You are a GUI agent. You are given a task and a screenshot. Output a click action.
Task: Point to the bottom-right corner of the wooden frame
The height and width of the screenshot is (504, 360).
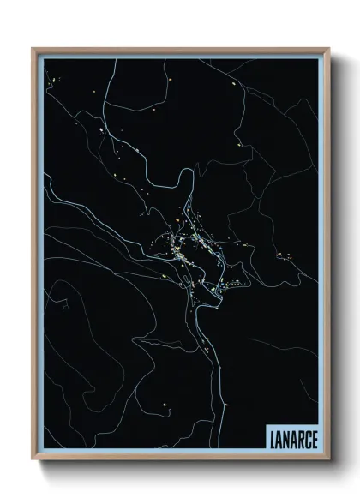pyautogui.click(x=327, y=460)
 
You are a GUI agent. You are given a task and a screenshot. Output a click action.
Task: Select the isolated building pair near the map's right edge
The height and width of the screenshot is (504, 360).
pyautogui.click(x=280, y=255)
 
